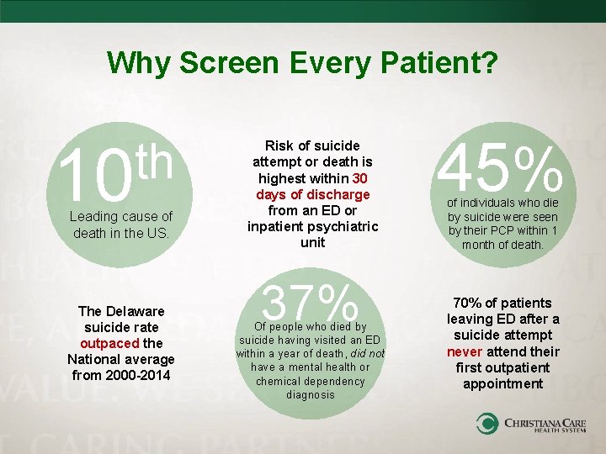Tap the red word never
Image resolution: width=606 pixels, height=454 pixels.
tap(464, 351)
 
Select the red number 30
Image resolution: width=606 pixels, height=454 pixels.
tap(360, 178)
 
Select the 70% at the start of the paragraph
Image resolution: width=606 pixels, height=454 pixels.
tap(467, 303)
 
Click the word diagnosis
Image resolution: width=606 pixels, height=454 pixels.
tap(311, 394)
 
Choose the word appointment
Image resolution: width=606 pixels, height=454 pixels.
tap(502, 383)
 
